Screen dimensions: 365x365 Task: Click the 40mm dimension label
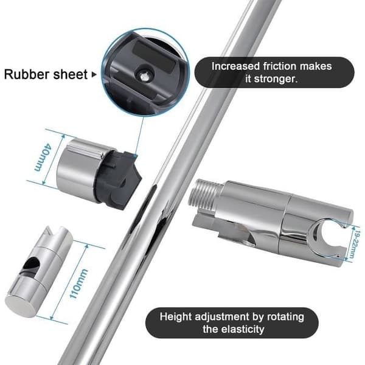coord(42,158)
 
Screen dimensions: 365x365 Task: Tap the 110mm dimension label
coord(79,283)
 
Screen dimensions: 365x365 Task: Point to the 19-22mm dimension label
coord(354,245)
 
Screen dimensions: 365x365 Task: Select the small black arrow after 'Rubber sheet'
coord(94,75)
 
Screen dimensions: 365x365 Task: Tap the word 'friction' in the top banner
coord(280,66)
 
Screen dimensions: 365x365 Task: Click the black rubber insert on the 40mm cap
coord(118,179)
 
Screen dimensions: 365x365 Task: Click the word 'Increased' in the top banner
coord(235,66)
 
